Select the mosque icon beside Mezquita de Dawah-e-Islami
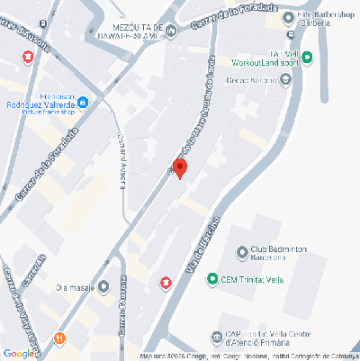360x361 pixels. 171,33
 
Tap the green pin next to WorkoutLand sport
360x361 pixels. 307,59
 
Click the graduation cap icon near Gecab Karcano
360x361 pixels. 287,79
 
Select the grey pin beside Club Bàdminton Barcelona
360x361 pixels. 242,252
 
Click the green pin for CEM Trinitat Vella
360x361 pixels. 212,278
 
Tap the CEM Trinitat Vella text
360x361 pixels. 253,278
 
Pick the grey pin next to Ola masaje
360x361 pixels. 104,287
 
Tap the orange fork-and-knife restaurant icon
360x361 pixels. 59,338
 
